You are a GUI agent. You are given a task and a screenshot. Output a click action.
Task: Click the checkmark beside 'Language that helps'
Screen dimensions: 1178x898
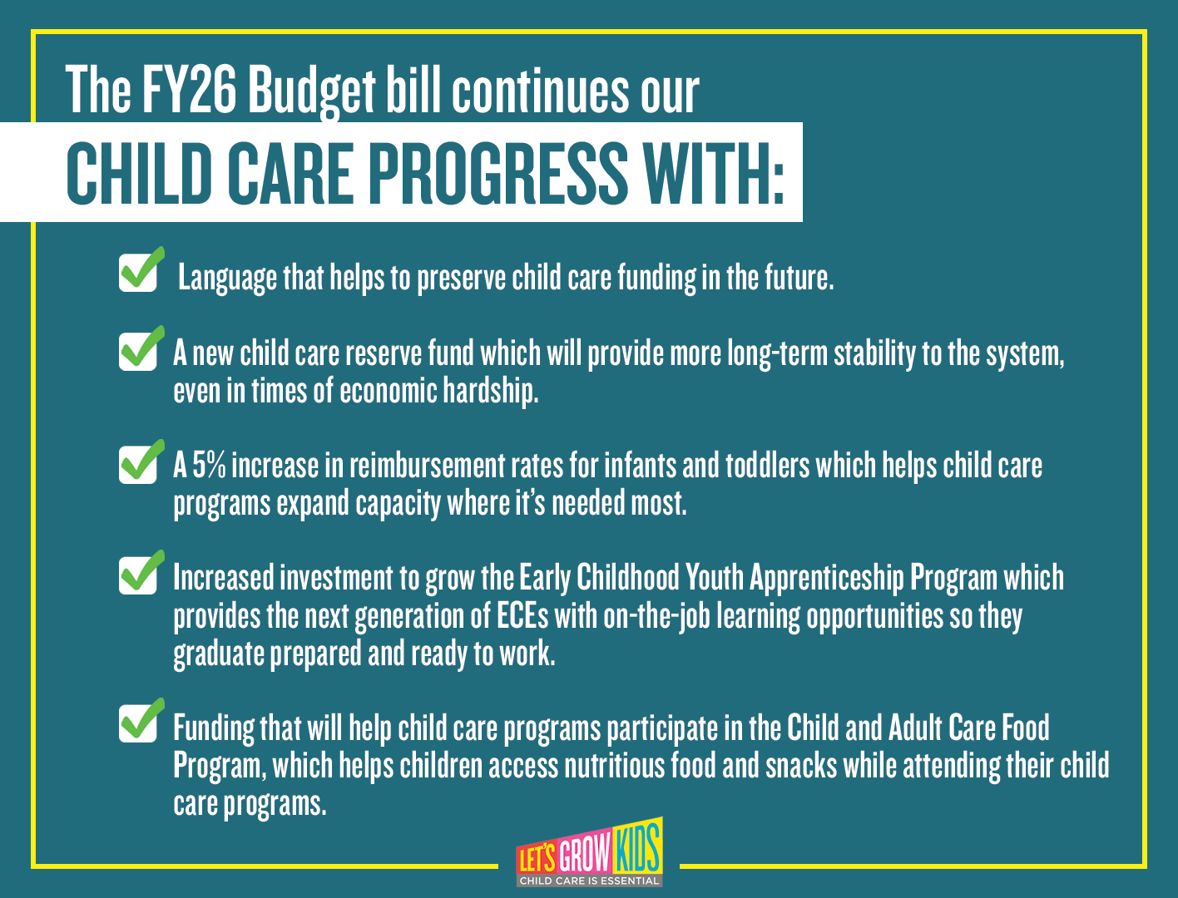click(x=141, y=269)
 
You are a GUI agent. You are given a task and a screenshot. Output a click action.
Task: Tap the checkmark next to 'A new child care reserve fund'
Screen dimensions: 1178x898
click(x=141, y=348)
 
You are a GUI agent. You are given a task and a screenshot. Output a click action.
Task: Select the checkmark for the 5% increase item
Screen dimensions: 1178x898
click(x=141, y=461)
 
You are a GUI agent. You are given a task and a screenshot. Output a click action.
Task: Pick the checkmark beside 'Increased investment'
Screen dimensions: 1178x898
click(x=141, y=572)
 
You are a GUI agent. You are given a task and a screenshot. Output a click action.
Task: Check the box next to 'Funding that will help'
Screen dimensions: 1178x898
click(x=141, y=720)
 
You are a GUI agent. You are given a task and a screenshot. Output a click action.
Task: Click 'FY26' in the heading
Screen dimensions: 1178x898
click(x=189, y=89)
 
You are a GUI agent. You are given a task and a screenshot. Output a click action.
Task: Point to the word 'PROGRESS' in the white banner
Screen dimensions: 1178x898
click(x=498, y=173)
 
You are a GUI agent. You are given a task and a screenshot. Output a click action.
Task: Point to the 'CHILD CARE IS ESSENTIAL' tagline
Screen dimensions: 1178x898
click(x=589, y=881)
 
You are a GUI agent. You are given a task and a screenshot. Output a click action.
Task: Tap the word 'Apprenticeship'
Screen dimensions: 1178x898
click(x=826, y=578)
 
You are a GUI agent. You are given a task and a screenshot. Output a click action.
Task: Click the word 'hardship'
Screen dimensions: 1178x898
click(x=491, y=391)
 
